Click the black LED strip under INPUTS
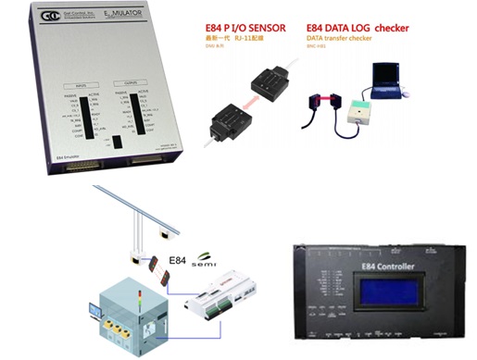pyautogui.click(x=79, y=112)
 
